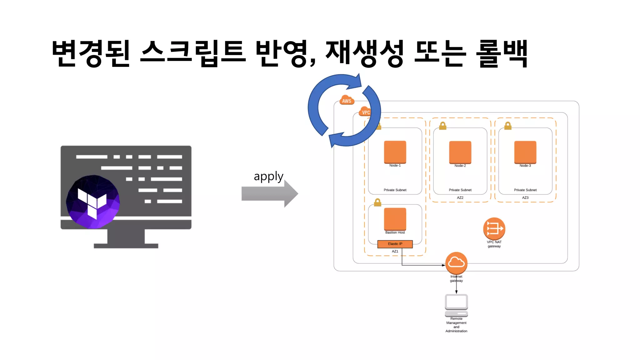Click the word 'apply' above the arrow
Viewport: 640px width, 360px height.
click(x=268, y=177)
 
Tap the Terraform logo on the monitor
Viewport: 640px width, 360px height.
click(x=93, y=202)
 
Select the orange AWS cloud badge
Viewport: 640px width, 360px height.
click(x=347, y=100)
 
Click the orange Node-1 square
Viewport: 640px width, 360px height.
click(x=395, y=152)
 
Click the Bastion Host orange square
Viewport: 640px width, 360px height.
click(x=395, y=219)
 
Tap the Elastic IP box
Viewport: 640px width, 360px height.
click(x=395, y=244)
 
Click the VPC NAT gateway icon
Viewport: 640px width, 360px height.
click(x=494, y=228)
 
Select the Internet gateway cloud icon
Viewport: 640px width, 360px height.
click(x=456, y=263)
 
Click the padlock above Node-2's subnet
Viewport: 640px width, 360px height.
click(x=443, y=126)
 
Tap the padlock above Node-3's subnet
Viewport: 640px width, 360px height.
click(x=508, y=126)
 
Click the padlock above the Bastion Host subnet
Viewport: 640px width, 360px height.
click(x=377, y=202)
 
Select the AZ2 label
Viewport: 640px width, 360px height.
click(x=460, y=197)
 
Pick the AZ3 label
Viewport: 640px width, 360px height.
click(x=525, y=197)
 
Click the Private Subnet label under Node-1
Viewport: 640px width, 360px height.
click(x=395, y=190)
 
